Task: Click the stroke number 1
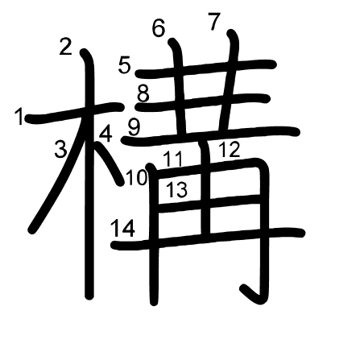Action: (x=19, y=116)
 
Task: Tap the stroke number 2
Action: (x=66, y=47)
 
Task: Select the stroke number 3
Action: (x=60, y=149)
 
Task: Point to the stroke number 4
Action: (x=106, y=134)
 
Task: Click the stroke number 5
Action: (x=125, y=64)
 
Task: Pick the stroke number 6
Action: (x=159, y=28)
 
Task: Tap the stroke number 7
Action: (x=214, y=22)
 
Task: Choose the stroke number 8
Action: (x=143, y=93)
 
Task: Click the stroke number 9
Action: (x=134, y=127)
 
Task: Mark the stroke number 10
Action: (x=137, y=177)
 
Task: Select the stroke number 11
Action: (x=173, y=159)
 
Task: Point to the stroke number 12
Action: (x=230, y=149)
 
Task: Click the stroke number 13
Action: (x=177, y=189)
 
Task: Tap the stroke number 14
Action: (x=123, y=228)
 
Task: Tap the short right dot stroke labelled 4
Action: (x=107, y=163)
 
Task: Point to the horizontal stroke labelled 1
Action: (x=74, y=113)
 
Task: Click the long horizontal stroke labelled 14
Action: (x=208, y=238)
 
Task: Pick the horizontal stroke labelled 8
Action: (x=203, y=103)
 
